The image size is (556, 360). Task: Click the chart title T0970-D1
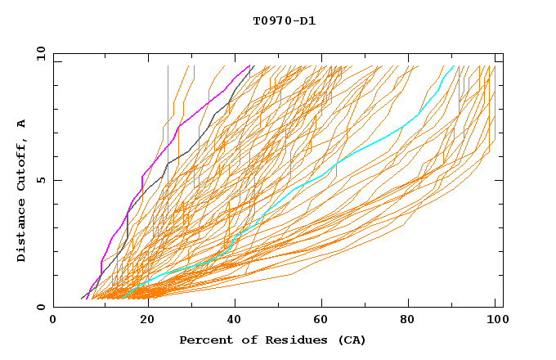(284, 21)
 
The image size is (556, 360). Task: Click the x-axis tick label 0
(53, 322)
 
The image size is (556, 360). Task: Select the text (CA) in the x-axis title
(352, 340)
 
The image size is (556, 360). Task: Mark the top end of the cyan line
(453, 65)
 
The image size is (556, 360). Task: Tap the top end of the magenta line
(249, 65)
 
